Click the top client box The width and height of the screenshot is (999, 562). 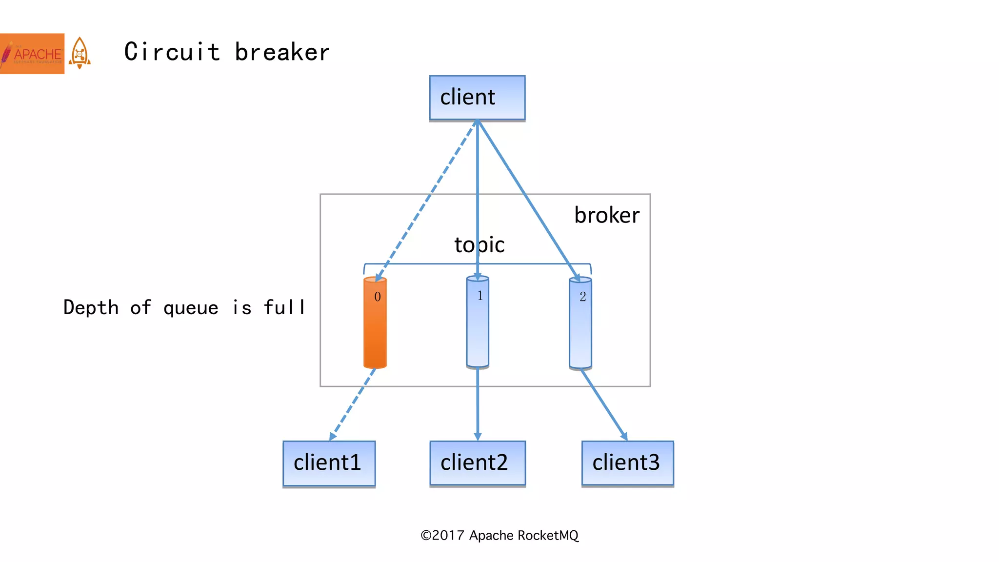[477, 98]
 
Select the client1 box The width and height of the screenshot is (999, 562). [329, 463]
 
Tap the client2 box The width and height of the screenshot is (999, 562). [477, 463]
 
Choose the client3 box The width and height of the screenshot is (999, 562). [627, 463]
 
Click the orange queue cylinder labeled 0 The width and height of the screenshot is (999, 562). [375, 327]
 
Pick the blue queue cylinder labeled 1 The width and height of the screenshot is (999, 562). [478, 327]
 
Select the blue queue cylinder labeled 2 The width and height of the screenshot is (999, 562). [580, 327]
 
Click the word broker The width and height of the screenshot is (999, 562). [606, 215]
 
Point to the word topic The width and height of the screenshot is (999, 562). [480, 245]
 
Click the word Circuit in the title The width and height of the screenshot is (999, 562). [172, 52]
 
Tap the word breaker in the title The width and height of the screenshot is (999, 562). [282, 52]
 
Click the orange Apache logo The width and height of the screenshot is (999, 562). [32, 54]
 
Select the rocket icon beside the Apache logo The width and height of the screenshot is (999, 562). [80, 53]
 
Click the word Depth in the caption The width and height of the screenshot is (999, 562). [91, 308]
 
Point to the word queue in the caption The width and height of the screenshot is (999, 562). [191, 308]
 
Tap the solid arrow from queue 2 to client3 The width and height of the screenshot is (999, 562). [604, 404]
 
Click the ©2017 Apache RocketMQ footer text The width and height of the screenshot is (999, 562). [499, 535]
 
